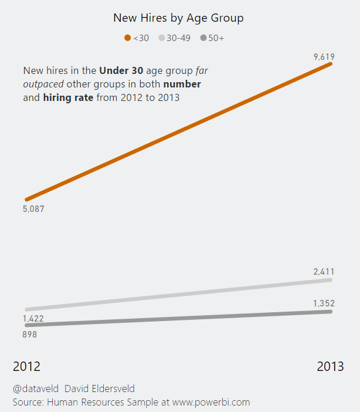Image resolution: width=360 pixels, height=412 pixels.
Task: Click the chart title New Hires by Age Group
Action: click(178, 18)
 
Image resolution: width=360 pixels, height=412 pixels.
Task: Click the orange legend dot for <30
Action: click(128, 38)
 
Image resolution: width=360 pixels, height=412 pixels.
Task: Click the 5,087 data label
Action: click(33, 209)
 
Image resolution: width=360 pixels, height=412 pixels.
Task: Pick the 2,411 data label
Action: click(324, 272)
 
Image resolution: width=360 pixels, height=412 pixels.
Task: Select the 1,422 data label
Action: click(33, 319)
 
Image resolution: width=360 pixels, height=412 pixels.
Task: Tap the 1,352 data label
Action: click(324, 303)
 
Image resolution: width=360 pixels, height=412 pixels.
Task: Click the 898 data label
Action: click(30, 334)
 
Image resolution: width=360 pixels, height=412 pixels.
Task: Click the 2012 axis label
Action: click(27, 367)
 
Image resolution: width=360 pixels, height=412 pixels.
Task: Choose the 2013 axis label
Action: click(331, 367)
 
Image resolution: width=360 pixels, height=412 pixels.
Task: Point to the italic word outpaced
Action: click(43, 85)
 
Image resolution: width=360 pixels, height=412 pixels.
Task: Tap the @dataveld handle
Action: click(35, 389)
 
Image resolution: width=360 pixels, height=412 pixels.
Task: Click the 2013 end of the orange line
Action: click(331, 63)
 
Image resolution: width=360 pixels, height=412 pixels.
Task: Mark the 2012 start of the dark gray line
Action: click(27, 325)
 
